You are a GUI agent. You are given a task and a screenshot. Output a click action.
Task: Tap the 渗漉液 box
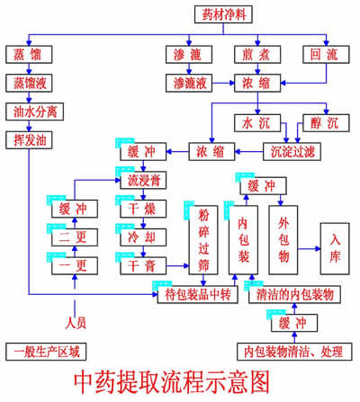[x=190, y=83]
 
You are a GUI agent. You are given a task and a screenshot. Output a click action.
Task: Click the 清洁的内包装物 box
[x=295, y=294]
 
